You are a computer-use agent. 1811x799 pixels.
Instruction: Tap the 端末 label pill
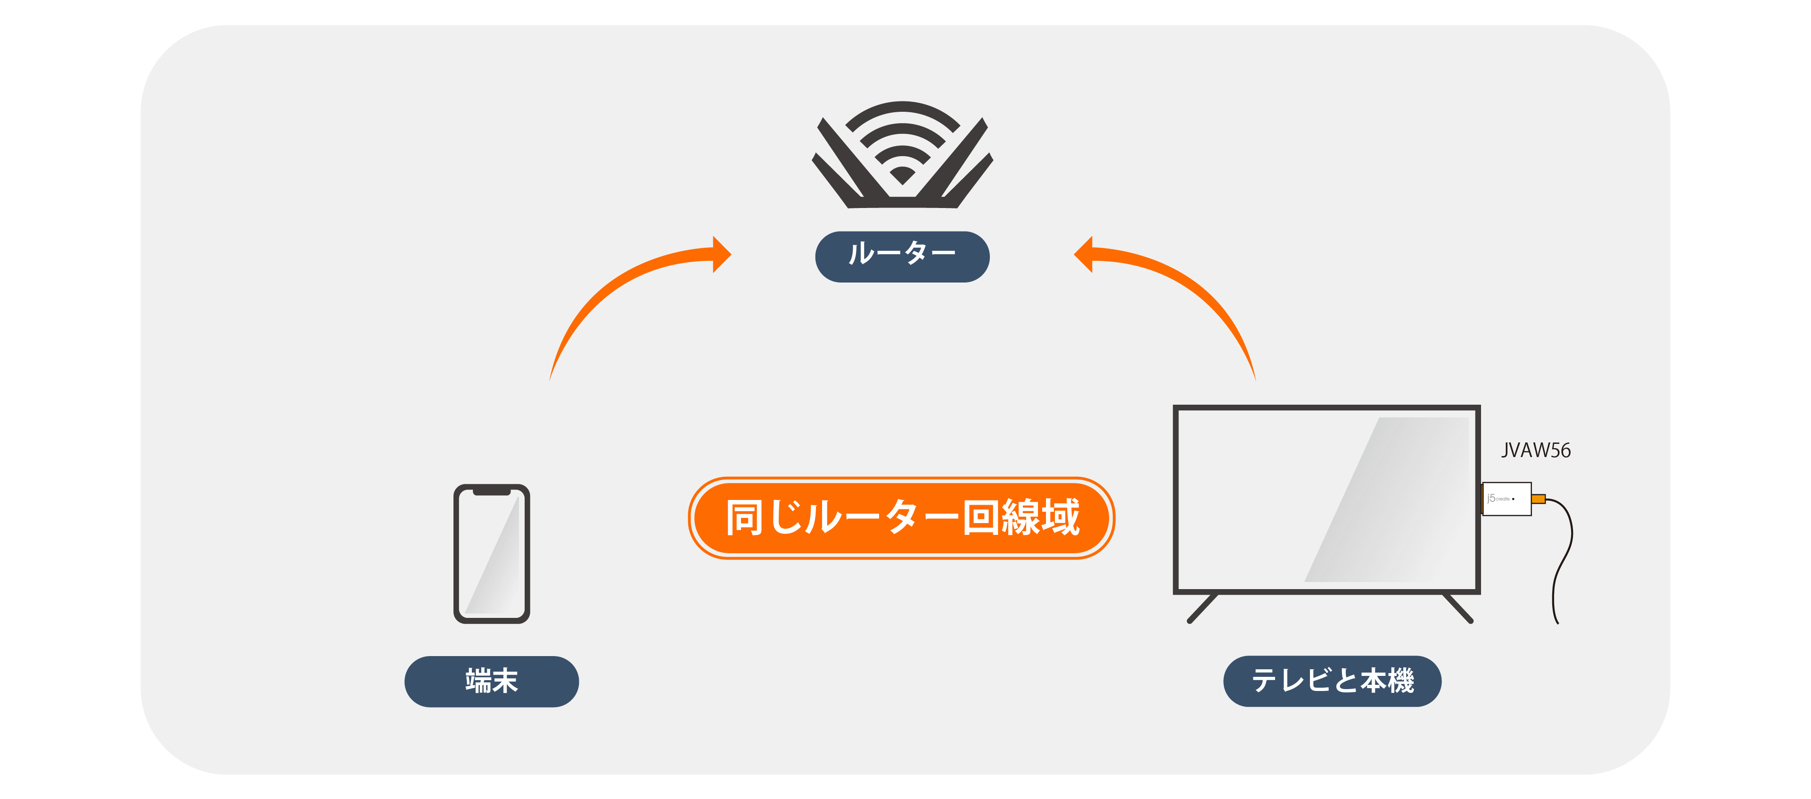[x=492, y=681]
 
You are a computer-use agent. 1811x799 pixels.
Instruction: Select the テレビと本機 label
[x=1332, y=681]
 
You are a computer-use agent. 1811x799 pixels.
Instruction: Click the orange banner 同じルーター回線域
[x=901, y=518]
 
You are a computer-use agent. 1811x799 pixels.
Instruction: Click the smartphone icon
[x=492, y=554]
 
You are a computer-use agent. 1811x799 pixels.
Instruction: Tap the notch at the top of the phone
[x=492, y=491]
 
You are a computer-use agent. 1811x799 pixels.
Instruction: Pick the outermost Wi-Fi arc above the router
[x=902, y=109]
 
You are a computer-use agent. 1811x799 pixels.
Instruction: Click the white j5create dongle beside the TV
[x=1506, y=499]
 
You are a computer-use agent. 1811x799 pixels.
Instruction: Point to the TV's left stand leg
[x=1202, y=608]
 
